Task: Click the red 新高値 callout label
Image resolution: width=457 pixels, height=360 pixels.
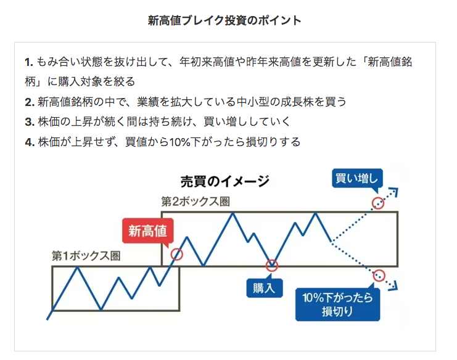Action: (147, 231)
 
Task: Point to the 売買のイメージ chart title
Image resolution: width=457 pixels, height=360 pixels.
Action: (224, 181)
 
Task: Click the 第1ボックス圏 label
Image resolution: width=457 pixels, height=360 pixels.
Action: (86, 256)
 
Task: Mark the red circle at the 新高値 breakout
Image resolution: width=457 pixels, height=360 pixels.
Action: (177, 253)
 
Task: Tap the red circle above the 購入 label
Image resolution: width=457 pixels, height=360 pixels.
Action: (272, 266)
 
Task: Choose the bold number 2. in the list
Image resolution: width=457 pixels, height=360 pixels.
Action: (29, 102)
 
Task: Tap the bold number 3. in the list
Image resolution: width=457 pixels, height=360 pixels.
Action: (29, 122)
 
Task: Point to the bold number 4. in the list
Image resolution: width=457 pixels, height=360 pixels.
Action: (29, 142)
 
